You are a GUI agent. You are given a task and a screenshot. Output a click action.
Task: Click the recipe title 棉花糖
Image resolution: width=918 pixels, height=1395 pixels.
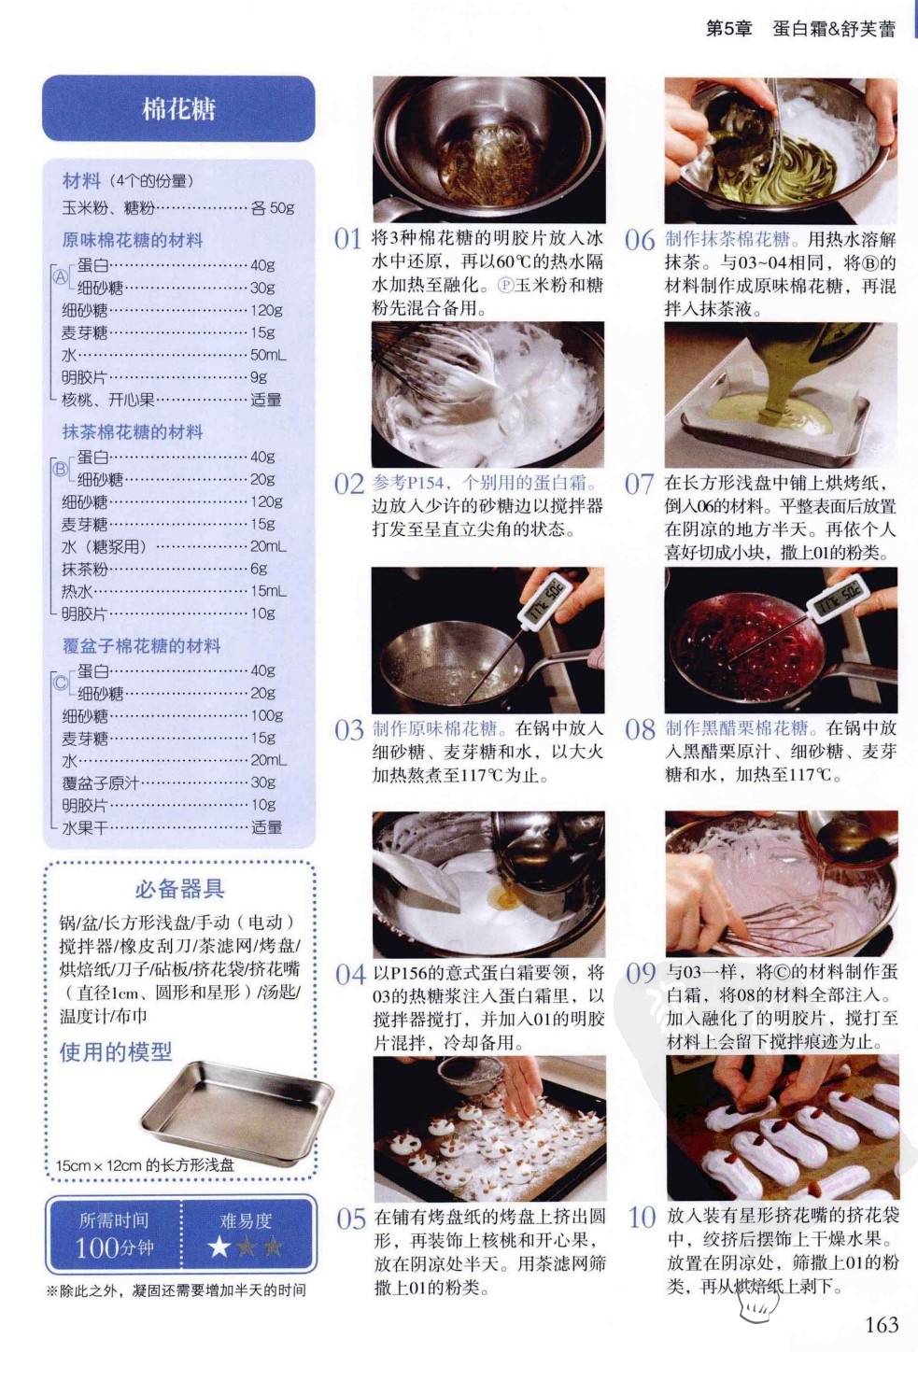coord(178,109)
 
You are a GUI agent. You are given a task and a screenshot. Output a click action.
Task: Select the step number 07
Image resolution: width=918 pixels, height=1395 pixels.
coord(640,484)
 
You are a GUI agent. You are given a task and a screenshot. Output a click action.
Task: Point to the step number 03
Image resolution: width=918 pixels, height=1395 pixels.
coord(349,729)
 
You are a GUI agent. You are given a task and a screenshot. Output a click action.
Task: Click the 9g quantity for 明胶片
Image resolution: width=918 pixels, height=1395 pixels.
coord(259,377)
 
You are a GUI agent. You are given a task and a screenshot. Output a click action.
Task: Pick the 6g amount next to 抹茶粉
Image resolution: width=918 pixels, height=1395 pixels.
coord(259,568)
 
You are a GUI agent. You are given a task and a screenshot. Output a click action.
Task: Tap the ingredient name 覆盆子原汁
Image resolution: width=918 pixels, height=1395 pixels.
coord(100,782)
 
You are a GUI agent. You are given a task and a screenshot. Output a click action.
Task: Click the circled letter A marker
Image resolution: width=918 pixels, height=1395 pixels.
coord(61,276)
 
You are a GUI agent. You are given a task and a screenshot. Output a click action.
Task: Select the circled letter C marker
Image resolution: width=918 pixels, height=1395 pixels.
coord(61,683)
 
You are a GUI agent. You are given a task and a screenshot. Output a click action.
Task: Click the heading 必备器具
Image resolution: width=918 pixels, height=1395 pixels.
coord(179,889)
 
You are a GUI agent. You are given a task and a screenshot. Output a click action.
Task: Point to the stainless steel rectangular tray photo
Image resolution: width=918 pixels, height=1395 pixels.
coord(236,1113)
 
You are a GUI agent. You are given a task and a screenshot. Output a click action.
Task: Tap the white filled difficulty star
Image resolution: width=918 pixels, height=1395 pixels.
coord(219,1247)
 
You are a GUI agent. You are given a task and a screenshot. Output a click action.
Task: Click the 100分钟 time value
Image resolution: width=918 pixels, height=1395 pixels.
coord(114,1247)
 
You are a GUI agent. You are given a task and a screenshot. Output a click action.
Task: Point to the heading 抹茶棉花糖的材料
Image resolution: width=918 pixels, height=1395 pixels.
coord(133,431)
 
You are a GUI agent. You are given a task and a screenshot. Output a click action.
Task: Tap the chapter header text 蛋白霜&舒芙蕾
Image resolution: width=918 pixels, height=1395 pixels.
coord(834,29)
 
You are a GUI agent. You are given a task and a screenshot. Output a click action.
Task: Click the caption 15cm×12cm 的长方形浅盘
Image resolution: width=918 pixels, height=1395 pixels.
coord(145,1165)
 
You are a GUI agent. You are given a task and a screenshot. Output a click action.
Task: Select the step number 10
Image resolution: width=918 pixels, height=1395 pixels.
coord(642,1217)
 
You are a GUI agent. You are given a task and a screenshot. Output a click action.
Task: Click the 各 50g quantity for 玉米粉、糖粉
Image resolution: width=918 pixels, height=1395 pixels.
coord(272,207)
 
